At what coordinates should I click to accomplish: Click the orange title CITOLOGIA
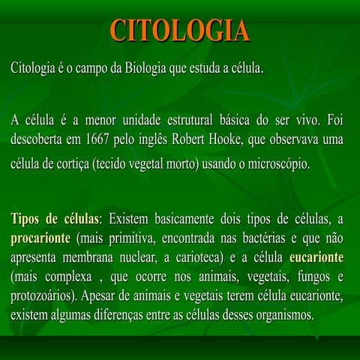click(180, 31)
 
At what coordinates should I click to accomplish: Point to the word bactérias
click(254, 239)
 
